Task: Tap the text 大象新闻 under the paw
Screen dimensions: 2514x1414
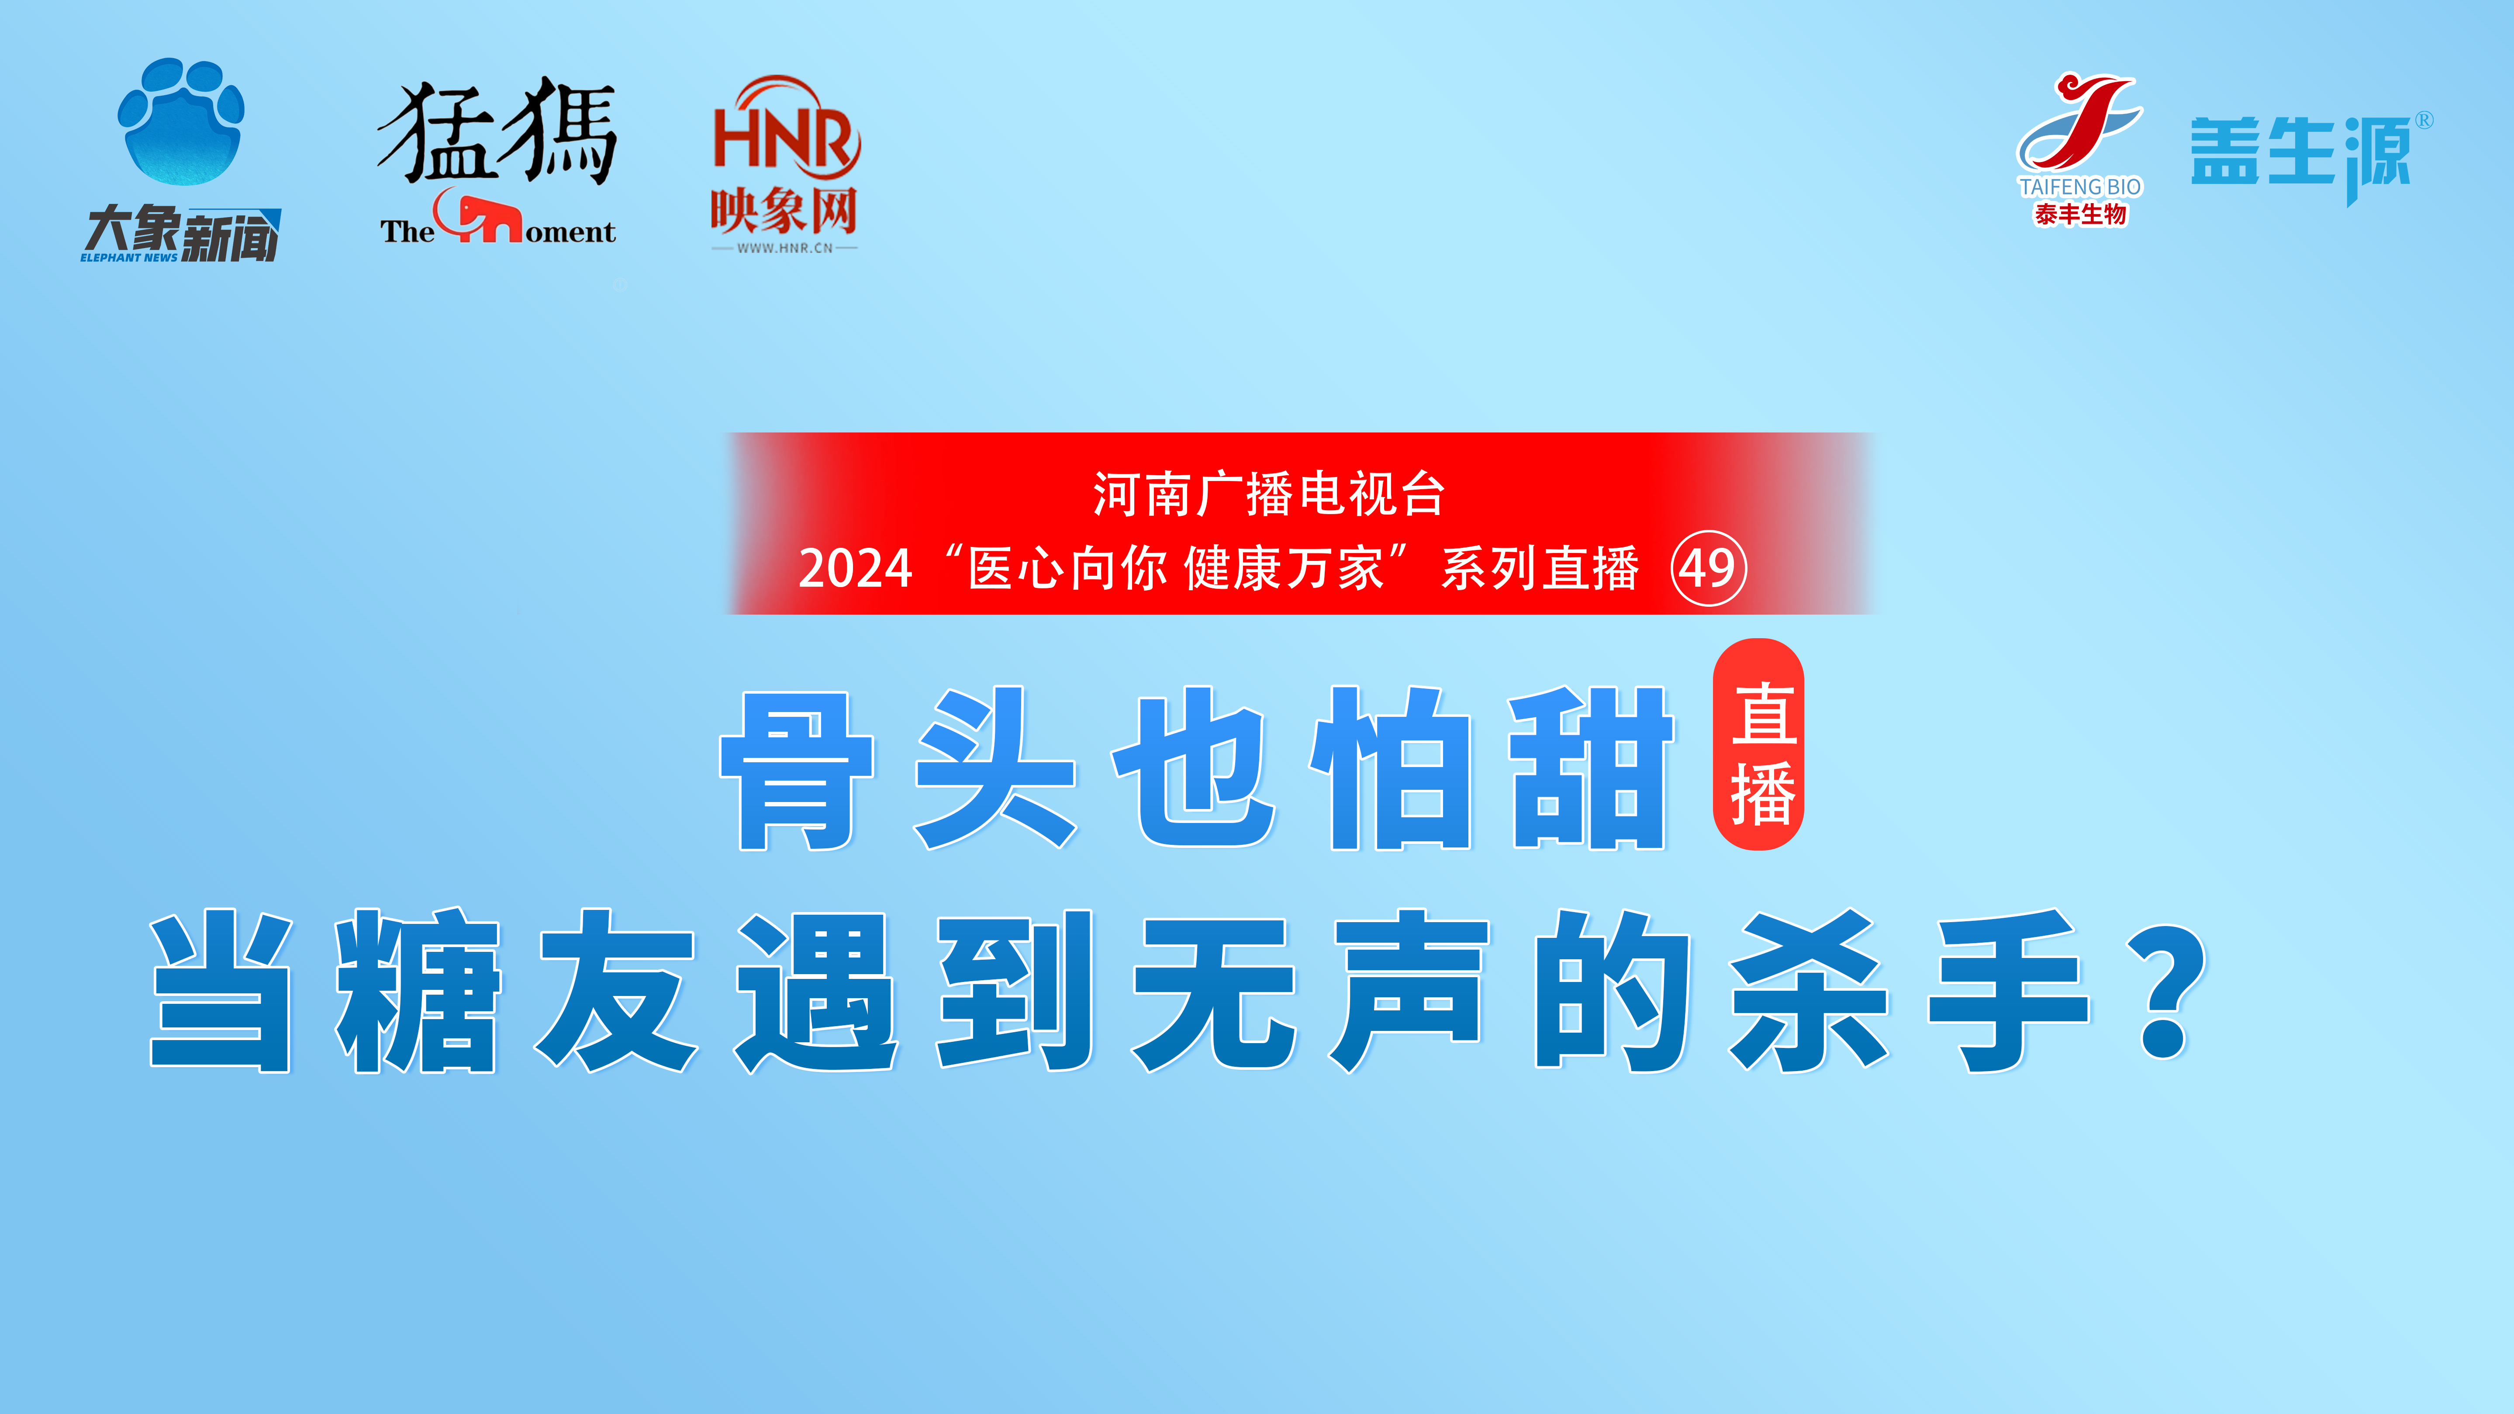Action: [182, 234]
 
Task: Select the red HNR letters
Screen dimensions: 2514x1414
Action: [786, 132]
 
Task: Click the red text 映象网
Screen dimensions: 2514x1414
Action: [784, 210]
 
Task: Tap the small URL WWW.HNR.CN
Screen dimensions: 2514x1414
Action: [785, 248]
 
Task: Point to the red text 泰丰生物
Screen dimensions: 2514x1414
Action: [2080, 214]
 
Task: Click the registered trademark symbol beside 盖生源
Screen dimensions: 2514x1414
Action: [2424, 120]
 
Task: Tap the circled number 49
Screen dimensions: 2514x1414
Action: [1708, 568]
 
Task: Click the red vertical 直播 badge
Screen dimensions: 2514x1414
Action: [1759, 745]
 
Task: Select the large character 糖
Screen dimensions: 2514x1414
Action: [418, 990]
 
